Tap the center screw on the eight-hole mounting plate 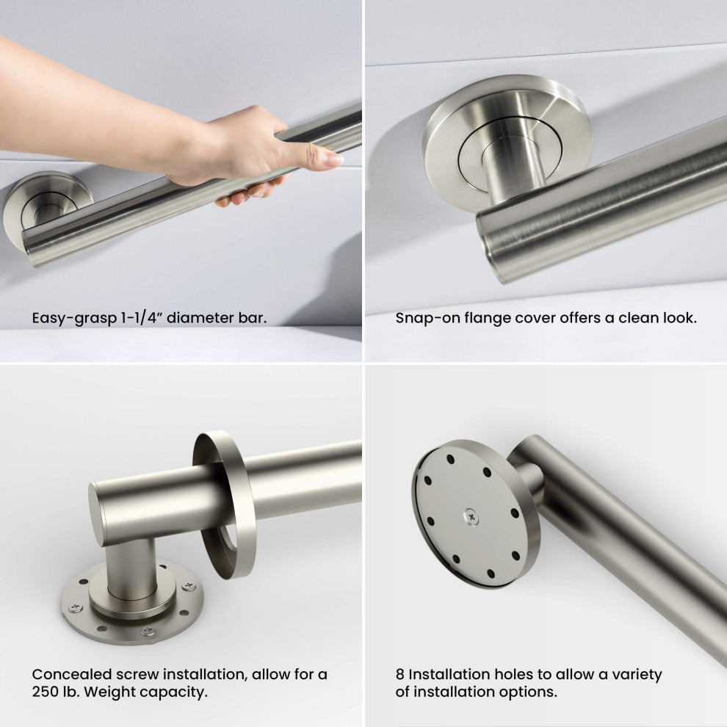tap(471, 516)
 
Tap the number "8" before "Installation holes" tap(399, 674)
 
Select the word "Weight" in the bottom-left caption tap(111, 692)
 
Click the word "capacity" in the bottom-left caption tap(174, 692)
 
